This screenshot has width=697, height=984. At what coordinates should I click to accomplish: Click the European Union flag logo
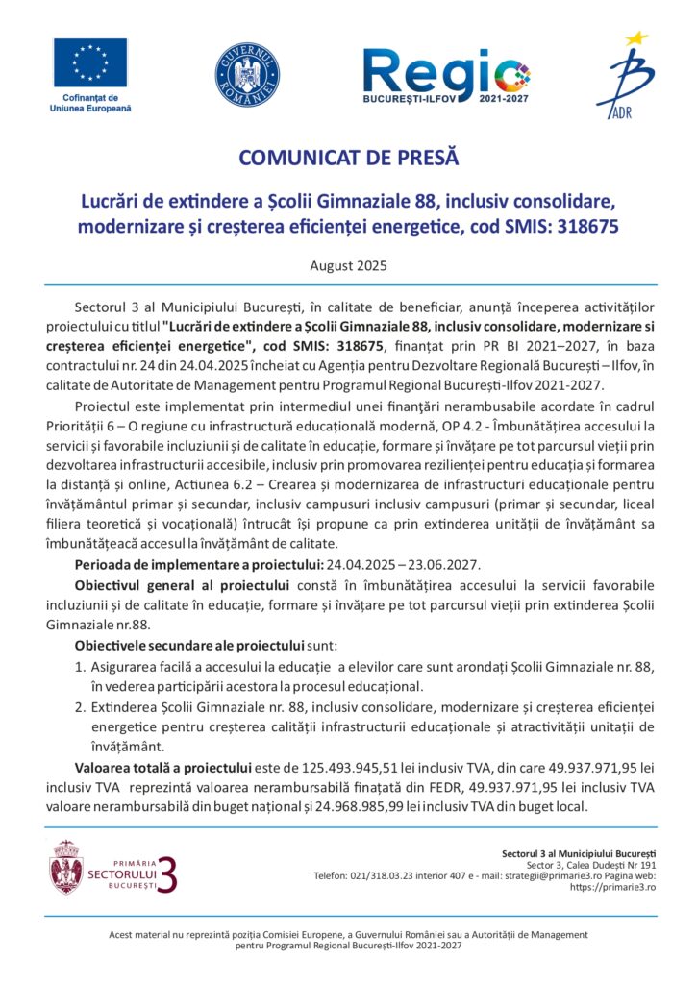pos(90,64)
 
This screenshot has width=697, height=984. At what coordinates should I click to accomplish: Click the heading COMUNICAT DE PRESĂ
pos(348,157)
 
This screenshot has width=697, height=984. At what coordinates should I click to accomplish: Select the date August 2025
pos(348,263)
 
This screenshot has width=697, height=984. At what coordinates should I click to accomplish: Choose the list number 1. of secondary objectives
pos(80,665)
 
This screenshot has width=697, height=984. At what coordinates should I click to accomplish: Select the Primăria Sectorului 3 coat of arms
pos(65,867)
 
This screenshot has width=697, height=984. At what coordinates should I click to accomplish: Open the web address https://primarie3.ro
pos(612,887)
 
